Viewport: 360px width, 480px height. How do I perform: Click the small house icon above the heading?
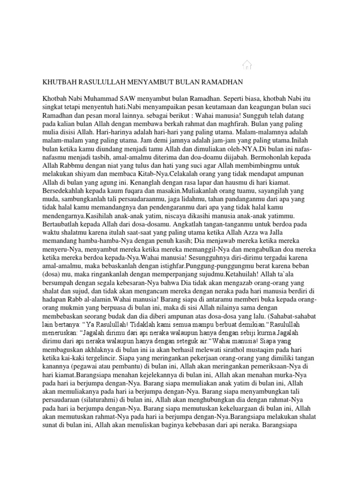point(247,65)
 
